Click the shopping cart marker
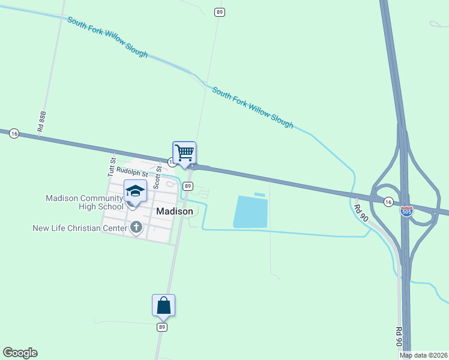tap(184, 152)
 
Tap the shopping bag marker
tap(163, 305)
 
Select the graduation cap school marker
tap(135, 191)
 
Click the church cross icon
tap(137, 227)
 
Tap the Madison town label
tap(175, 211)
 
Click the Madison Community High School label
tap(85, 202)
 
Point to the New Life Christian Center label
tap(80, 228)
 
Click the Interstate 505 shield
tap(406, 211)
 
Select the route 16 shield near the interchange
tap(389, 202)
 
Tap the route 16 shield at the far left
tap(14, 134)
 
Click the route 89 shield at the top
tap(220, 12)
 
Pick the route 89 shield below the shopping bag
tap(162, 327)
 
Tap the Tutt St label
tap(111, 166)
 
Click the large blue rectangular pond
tap(250, 211)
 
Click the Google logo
tap(20, 353)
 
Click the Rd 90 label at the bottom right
tap(398, 337)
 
